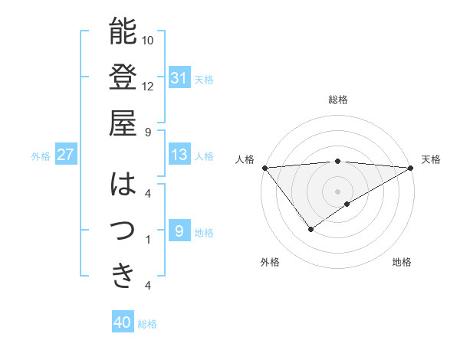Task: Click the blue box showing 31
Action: click(179, 78)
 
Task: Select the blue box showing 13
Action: click(179, 155)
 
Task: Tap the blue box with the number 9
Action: click(179, 231)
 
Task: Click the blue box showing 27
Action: click(65, 155)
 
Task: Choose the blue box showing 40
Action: click(122, 322)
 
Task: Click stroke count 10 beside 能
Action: click(148, 40)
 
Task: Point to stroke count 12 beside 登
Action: click(148, 86)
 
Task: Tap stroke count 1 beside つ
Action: click(147, 240)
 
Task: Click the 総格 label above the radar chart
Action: click(338, 100)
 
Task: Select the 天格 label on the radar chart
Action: click(432, 159)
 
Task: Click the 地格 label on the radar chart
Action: click(402, 263)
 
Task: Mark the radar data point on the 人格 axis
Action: click(264, 167)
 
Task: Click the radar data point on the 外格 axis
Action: click(310, 228)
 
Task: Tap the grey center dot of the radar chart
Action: click(337, 191)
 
